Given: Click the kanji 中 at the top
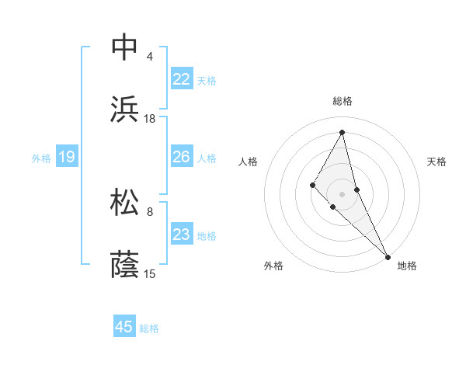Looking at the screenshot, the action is pyautogui.click(x=125, y=47).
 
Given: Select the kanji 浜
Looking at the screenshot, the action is pyautogui.click(x=125, y=109).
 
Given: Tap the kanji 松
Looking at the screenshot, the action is pyautogui.click(x=125, y=202).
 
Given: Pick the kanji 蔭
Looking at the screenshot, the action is pyautogui.click(x=125, y=264).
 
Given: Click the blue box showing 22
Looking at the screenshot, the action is pyautogui.click(x=182, y=79).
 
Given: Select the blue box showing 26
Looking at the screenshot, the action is pyautogui.click(x=182, y=158).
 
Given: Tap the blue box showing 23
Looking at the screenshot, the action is pyautogui.click(x=182, y=235).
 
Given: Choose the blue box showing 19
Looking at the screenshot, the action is pyautogui.click(x=67, y=158).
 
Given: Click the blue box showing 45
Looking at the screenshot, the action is pyautogui.click(x=124, y=327).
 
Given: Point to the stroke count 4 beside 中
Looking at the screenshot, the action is pyautogui.click(x=150, y=57).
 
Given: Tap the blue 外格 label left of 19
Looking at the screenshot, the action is pyautogui.click(x=41, y=158).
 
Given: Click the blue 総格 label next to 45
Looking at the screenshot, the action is pyautogui.click(x=149, y=328).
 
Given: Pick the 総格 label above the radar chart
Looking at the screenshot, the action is pyautogui.click(x=342, y=102).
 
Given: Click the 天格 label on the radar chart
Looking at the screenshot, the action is pyautogui.click(x=436, y=162).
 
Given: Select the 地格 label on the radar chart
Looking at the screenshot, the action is pyautogui.click(x=407, y=266).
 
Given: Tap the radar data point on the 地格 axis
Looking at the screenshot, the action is pyautogui.click(x=387, y=255).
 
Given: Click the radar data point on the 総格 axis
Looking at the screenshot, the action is pyautogui.click(x=342, y=132).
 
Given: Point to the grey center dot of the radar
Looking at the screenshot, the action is pyautogui.click(x=342, y=193).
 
